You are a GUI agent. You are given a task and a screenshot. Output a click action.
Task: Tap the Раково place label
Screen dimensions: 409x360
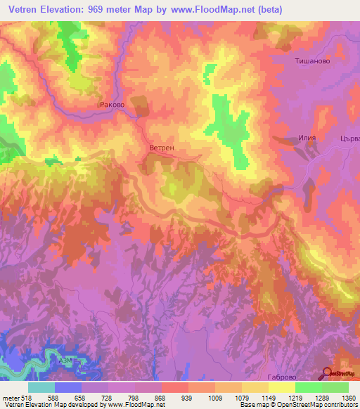pos(112,105)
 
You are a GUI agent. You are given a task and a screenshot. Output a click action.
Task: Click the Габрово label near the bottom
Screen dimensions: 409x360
pos(284,377)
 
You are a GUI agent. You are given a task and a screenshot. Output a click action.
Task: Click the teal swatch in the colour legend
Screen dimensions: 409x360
pos(41,387)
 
